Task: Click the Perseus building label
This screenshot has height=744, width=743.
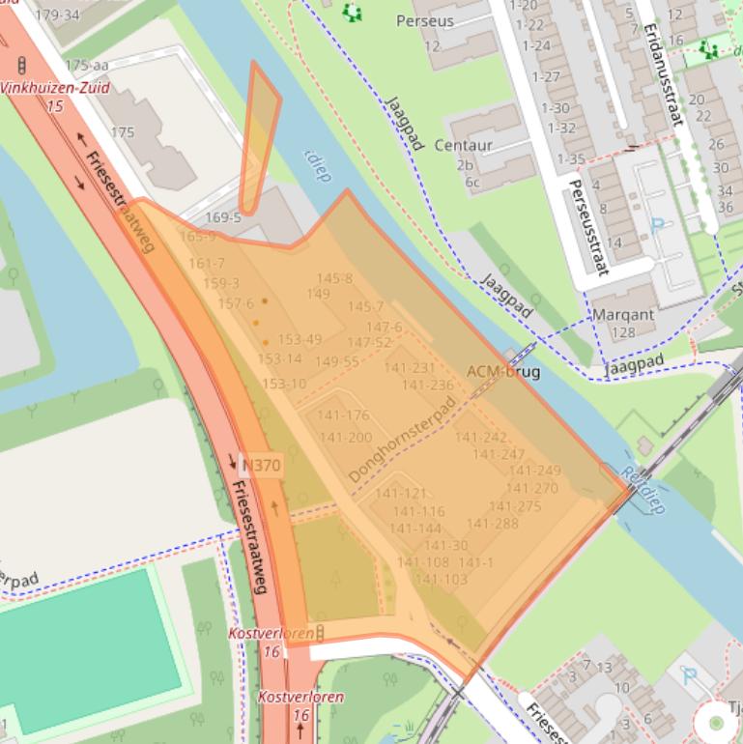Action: [425, 20]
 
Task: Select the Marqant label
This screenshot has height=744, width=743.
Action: [623, 314]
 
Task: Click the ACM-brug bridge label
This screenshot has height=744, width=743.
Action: [502, 371]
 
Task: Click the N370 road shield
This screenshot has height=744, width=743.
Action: [261, 465]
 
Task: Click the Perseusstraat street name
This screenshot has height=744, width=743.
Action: [587, 227]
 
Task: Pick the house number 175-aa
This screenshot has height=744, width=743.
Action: [86, 65]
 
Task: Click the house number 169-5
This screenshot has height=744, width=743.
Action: [223, 217]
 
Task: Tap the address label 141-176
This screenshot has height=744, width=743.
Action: [344, 415]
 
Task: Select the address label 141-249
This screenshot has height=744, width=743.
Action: [534, 471]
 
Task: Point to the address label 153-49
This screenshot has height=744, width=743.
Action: [300, 339]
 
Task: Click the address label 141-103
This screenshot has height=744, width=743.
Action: [441, 580]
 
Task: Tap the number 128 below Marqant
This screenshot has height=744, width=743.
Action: [623, 332]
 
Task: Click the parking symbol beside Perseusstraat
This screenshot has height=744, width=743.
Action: [658, 226]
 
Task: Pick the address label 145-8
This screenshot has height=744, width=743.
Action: [334, 278]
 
